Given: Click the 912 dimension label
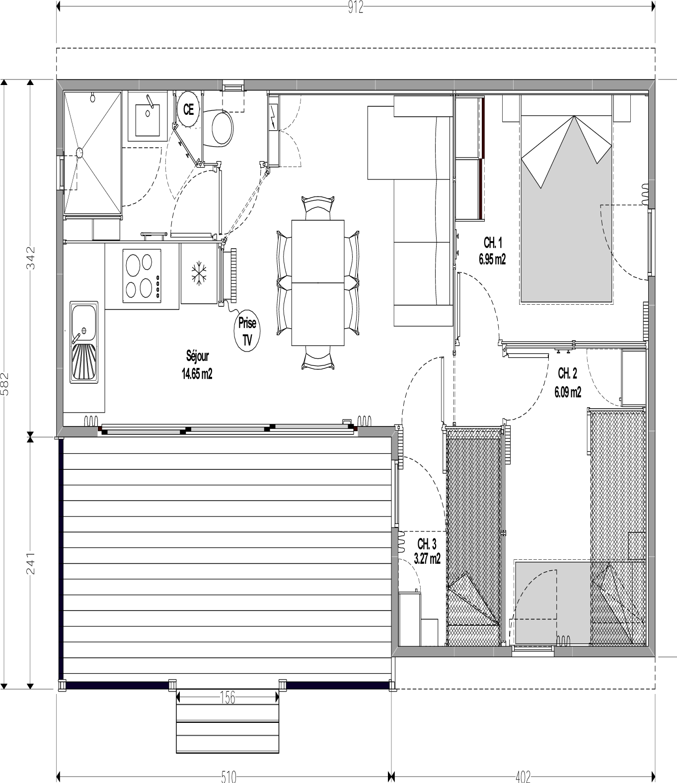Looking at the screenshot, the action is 355,7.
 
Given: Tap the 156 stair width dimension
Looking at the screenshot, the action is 227,697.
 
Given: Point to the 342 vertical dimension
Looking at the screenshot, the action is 31,258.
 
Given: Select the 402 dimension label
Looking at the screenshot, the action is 523,777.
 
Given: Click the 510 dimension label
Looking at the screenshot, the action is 228,777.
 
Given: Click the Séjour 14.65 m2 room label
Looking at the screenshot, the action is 197,365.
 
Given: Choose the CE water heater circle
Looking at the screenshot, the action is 188,109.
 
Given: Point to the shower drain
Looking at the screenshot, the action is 79,153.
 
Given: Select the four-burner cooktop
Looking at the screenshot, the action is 142,275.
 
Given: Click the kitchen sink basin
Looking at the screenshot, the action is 84,323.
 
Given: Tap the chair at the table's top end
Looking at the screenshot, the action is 318,208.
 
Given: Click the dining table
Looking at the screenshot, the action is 318,282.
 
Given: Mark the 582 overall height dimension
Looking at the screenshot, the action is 4,384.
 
